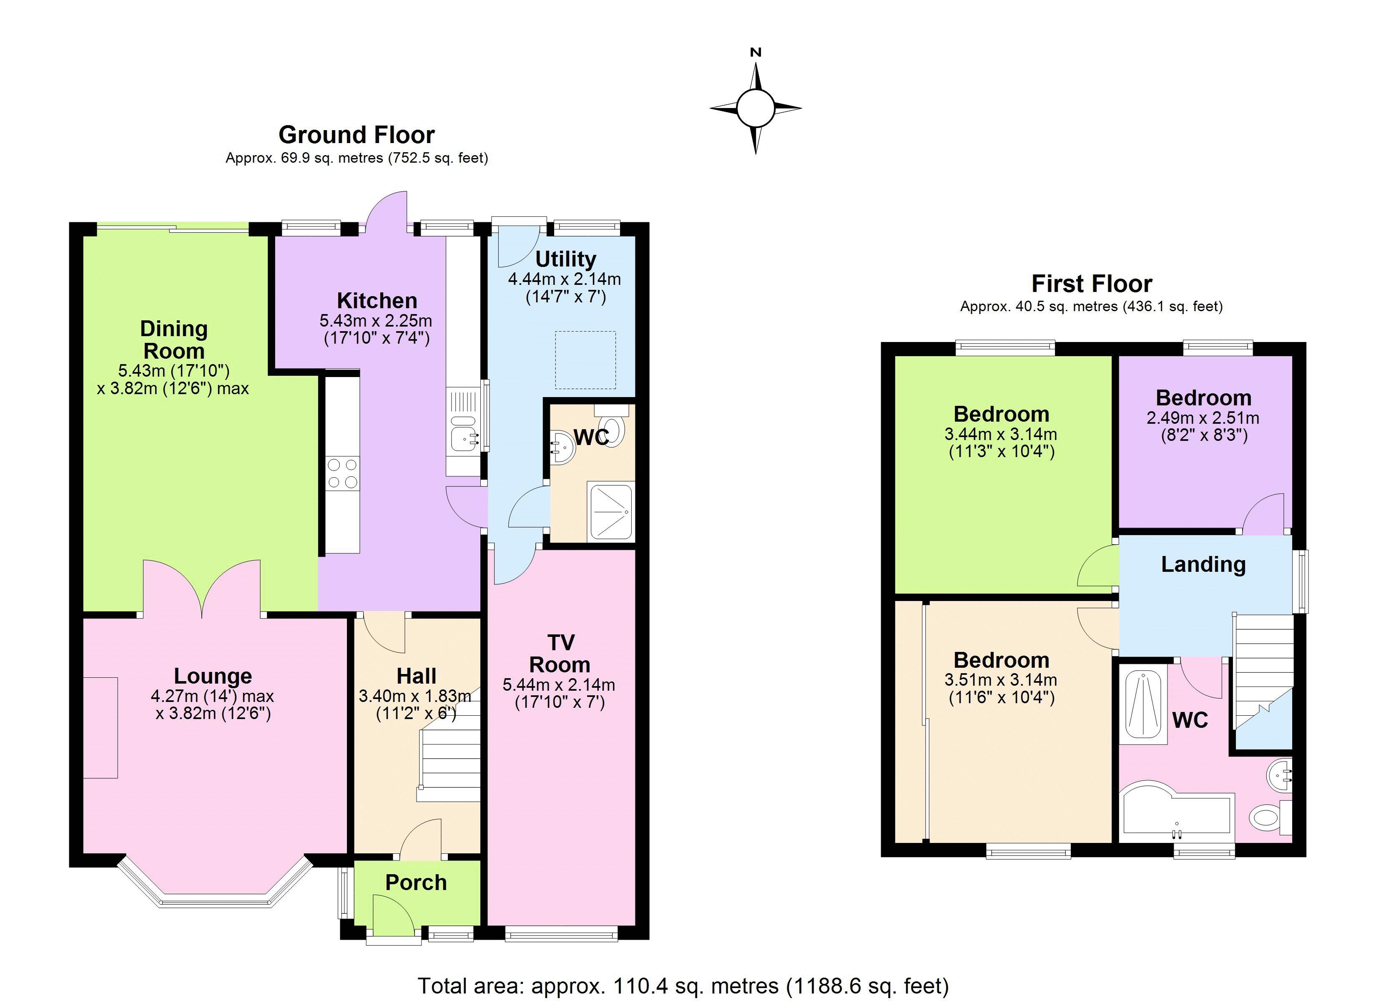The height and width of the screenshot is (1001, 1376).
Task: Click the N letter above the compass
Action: [x=756, y=53]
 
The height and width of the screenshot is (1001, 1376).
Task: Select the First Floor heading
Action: [x=1092, y=284]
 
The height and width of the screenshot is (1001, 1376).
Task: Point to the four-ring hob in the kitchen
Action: [x=342, y=473]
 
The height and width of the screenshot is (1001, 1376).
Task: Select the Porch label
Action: [x=416, y=883]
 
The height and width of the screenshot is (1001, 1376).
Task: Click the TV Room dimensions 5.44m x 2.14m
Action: [x=559, y=685]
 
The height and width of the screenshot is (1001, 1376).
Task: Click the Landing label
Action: [x=1203, y=565]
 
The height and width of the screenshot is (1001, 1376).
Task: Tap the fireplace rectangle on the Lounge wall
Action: [x=100, y=727]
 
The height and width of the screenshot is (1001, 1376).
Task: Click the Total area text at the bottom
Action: [x=683, y=985]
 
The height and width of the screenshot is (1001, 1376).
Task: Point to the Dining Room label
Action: [x=174, y=340]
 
